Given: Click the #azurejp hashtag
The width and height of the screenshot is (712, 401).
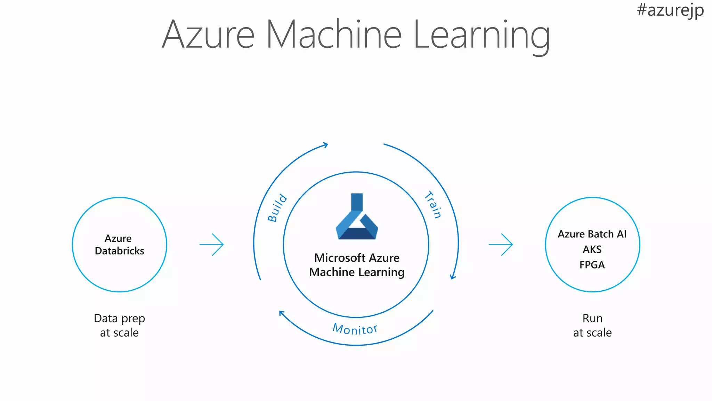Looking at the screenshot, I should [670, 10].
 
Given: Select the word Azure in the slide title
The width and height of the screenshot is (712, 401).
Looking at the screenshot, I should [208, 35].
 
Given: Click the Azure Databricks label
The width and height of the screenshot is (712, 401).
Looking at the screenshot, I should [119, 245].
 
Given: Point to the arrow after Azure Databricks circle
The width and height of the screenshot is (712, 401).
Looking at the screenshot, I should [212, 245].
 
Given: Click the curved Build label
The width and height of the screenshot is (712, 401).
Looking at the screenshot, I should [277, 208].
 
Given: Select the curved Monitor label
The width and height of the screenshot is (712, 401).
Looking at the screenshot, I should [355, 329].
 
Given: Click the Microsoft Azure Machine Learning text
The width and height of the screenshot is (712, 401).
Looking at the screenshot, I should [357, 265].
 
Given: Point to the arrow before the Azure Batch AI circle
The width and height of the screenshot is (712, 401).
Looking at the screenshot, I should [501, 245].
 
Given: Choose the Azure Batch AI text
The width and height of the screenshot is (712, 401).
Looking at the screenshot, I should [592, 234].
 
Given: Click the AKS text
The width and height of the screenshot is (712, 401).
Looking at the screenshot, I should [592, 250].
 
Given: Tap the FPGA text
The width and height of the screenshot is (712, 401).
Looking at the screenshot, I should [592, 265].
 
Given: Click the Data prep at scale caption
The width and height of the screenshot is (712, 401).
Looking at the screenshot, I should [119, 325].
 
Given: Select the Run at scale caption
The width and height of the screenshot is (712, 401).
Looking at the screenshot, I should [592, 325].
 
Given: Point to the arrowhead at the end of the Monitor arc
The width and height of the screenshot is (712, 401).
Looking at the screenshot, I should [281, 313].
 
